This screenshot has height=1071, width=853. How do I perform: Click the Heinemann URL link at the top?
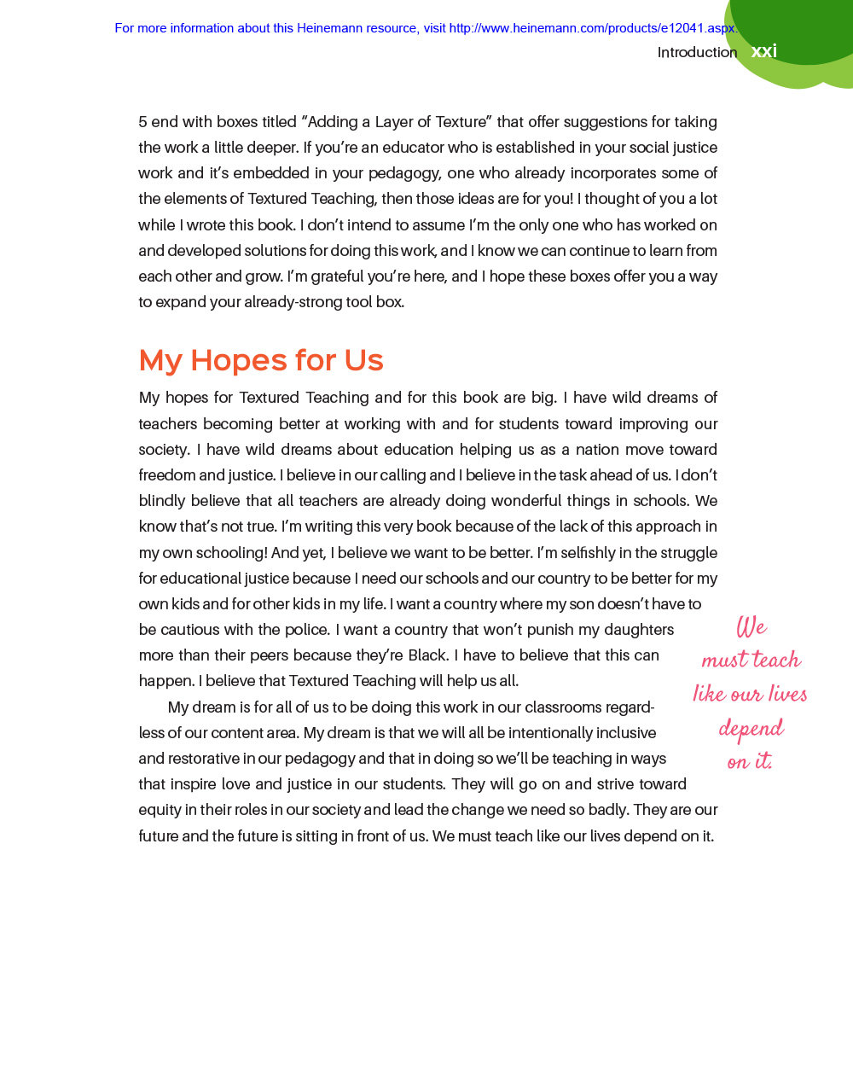(x=592, y=28)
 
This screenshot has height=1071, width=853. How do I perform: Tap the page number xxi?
(x=764, y=51)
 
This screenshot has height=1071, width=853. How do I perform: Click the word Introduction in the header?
(x=697, y=52)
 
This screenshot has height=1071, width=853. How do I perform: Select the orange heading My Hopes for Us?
(x=261, y=360)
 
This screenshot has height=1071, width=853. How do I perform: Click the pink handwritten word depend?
(x=751, y=729)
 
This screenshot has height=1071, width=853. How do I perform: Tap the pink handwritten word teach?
(x=776, y=660)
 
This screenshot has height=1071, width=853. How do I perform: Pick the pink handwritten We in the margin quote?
(x=751, y=627)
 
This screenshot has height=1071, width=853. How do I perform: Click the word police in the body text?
(x=306, y=630)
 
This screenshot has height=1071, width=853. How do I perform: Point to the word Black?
(x=427, y=655)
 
